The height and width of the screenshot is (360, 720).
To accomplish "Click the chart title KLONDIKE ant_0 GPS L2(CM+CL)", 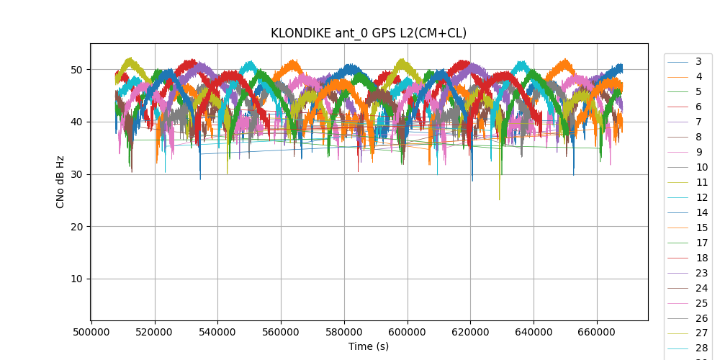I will (x=368, y=33).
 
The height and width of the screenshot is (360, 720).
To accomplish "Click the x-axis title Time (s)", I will (x=369, y=346).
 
